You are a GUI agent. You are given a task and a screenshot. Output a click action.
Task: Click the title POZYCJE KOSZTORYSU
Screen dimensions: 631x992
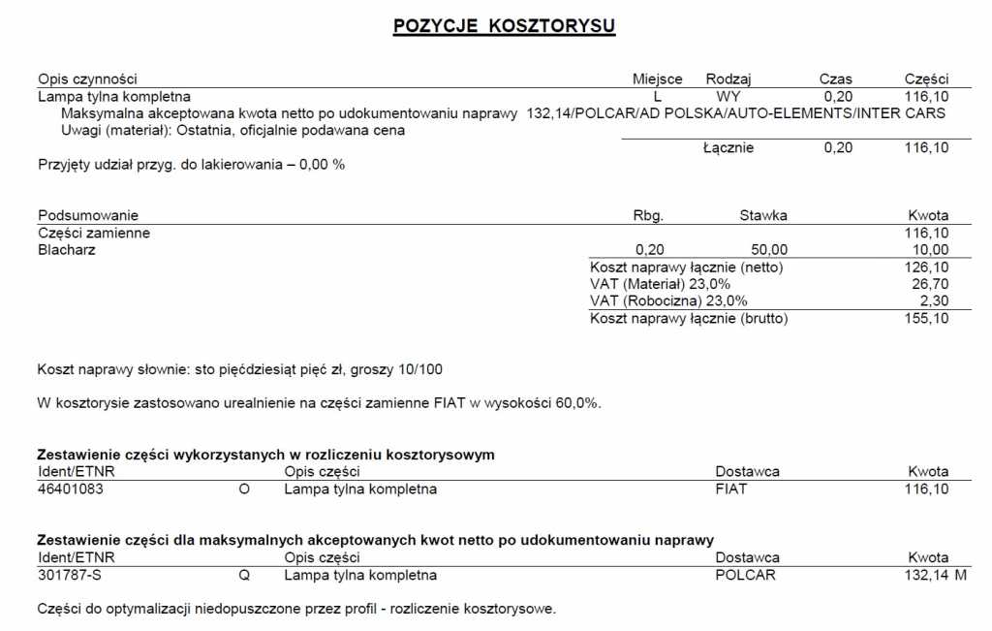tap(504, 26)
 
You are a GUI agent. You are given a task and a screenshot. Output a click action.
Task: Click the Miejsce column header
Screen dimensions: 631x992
tap(657, 79)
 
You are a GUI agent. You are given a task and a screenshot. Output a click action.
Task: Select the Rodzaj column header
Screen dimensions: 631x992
tap(728, 79)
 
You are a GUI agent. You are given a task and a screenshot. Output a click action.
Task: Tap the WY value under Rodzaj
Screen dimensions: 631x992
tap(728, 97)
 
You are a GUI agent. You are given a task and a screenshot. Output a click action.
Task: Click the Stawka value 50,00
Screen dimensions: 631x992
tap(769, 250)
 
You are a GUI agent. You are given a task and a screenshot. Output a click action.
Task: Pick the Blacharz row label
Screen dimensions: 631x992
tap(67, 250)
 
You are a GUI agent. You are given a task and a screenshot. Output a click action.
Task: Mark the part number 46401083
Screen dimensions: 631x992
tap(70, 489)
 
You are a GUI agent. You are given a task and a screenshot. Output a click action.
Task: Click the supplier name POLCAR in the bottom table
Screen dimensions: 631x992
tap(745, 575)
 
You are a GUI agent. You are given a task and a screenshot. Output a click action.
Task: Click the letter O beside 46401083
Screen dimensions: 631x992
tap(244, 489)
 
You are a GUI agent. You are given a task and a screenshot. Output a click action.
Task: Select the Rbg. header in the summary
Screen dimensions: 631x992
tap(648, 215)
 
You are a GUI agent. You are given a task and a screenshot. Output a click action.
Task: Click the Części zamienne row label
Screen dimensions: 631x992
tap(94, 233)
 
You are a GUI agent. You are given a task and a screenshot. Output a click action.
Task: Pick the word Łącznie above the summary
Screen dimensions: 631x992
tap(728, 148)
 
